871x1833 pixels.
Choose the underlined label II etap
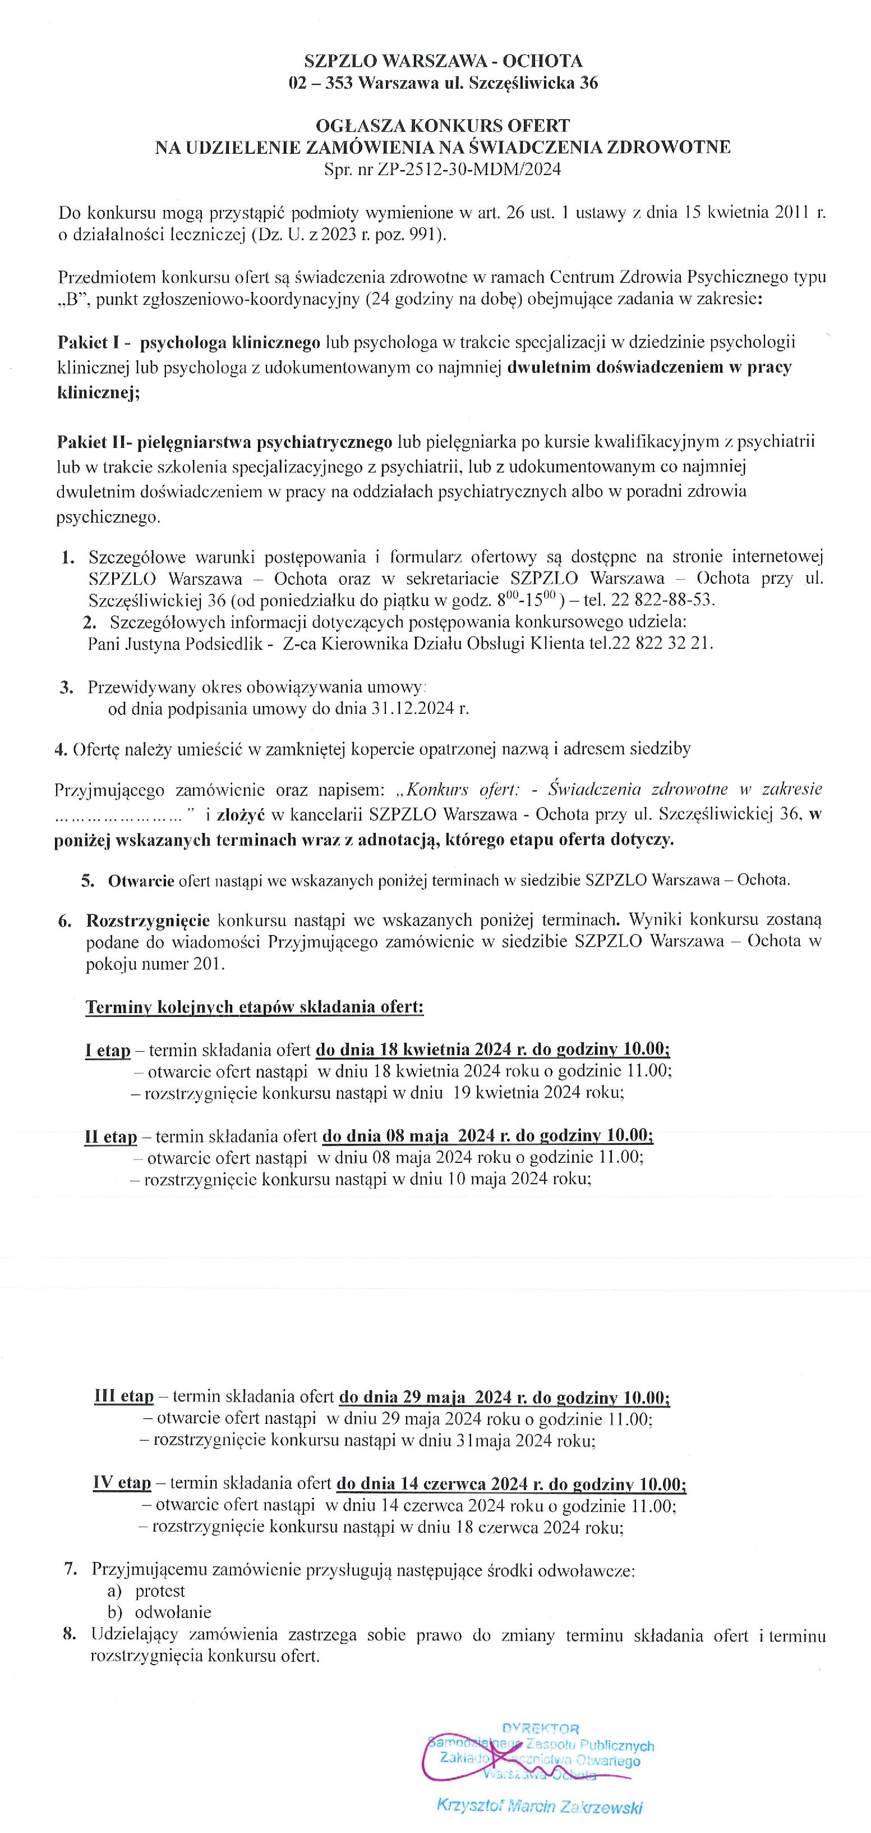(110, 1137)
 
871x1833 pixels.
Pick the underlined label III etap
(124, 1396)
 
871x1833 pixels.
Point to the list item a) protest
(146, 1591)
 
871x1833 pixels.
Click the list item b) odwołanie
(159, 1612)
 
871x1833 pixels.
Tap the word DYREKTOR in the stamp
(540, 1729)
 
